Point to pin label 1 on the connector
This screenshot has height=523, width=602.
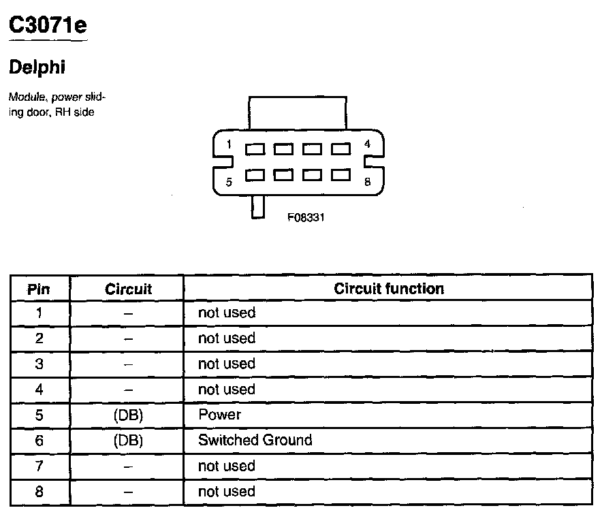(x=229, y=144)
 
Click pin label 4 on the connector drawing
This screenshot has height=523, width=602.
(x=367, y=144)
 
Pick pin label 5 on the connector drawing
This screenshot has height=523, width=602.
(x=229, y=182)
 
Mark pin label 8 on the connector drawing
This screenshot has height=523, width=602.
(x=367, y=182)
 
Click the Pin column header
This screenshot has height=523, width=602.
(x=39, y=289)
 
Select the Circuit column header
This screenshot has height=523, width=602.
(x=128, y=289)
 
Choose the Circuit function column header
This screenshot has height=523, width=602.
(x=389, y=288)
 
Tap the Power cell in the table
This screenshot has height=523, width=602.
(x=219, y=415)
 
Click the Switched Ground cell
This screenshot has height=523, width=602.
(x=255, y=440)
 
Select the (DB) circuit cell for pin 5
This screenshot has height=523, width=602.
(x=128, y=415)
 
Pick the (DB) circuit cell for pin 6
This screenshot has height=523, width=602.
(x=128, y=440)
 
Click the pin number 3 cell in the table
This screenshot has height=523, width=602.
(x=39, y=364)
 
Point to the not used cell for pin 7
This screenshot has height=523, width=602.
(x=226, y=466)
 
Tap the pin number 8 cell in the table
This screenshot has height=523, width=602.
(x=39, y=491)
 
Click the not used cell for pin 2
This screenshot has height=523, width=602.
(x=226, y=338)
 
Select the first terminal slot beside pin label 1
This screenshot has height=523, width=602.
(x=255, y=148)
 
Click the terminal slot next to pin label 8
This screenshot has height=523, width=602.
(x=340, y=175)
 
